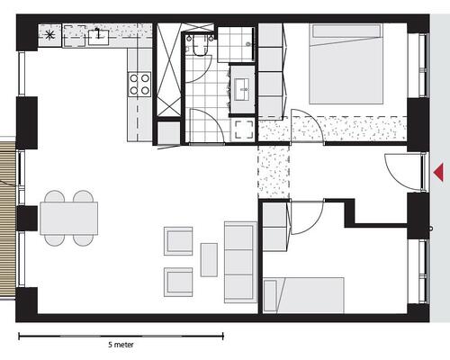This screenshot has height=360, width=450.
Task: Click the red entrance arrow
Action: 439,173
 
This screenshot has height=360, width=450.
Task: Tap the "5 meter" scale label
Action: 121,345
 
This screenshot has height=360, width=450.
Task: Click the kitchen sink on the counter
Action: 98,37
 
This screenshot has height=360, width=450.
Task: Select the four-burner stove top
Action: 139,85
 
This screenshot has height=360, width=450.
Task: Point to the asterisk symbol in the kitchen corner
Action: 49,35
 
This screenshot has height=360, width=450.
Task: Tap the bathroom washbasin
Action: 242,89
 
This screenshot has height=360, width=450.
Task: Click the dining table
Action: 69,218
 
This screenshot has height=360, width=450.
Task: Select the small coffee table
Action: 209,260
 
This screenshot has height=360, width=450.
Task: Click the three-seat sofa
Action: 241,262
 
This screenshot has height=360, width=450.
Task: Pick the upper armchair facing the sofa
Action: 178,241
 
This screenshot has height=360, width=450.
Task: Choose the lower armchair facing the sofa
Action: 178,282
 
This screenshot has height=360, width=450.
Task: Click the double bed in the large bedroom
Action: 346,64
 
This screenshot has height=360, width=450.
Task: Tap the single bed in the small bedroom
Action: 303,295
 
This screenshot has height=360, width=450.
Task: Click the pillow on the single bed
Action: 270,296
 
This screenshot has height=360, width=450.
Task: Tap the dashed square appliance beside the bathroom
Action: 244,130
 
